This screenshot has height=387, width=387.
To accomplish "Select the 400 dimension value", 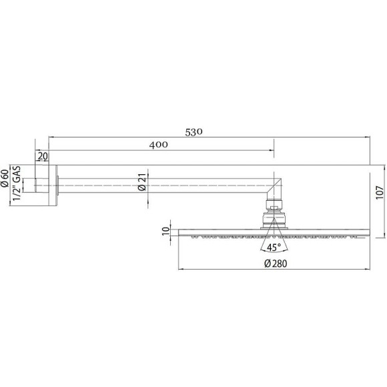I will click(159, 145).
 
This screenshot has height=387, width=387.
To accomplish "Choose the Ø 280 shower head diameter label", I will click(274, 264).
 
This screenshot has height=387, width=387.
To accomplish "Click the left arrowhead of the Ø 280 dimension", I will click(181, 270).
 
